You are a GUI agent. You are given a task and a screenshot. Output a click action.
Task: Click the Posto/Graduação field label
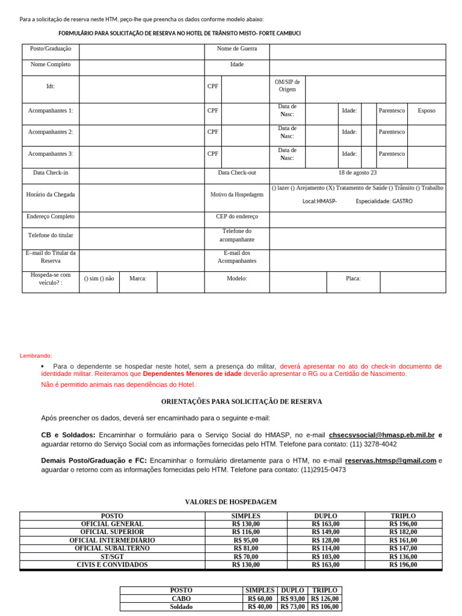51,48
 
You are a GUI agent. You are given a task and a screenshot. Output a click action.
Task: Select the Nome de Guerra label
237,48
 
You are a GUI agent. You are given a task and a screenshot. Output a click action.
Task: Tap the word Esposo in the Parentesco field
427,111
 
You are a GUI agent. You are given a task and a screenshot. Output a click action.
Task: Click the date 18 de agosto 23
357,173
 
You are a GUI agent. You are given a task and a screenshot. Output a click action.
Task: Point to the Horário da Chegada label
51,194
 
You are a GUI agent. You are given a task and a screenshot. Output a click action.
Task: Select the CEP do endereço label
237,217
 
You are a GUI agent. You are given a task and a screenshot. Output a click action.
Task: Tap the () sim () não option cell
99,279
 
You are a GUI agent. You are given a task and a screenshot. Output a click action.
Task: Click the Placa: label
353,279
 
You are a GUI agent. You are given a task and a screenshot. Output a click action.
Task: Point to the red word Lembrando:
36,356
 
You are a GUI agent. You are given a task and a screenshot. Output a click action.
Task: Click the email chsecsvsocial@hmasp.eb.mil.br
381,434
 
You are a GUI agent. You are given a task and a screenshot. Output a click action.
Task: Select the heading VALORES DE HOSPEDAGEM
230,502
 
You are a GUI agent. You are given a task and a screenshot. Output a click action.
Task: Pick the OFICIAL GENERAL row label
112,524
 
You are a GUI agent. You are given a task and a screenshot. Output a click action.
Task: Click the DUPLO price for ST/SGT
325,556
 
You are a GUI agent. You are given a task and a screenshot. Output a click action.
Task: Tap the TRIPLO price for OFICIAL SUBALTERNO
403,549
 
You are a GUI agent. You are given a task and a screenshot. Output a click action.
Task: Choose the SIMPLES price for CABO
260,599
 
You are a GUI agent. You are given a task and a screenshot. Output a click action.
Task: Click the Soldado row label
181,607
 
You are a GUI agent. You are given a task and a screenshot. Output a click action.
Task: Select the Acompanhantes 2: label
51,132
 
